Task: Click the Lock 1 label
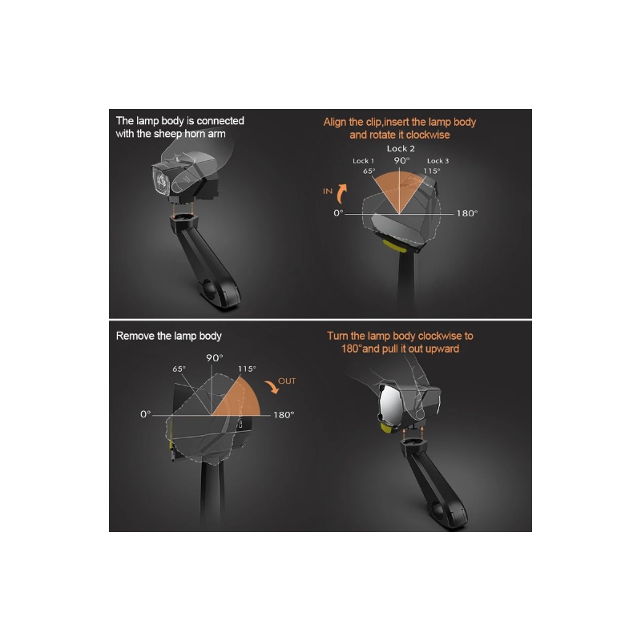coord(364,161)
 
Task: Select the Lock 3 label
coord(437,161)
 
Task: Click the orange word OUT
coord(287,381)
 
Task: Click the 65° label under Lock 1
coord(369,171)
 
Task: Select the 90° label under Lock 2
coord(401,160)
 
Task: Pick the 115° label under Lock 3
coord(433,171)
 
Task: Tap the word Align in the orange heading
coord(337,122)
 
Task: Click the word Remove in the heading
coord(135,336)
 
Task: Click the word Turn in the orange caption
coord(338,336)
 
